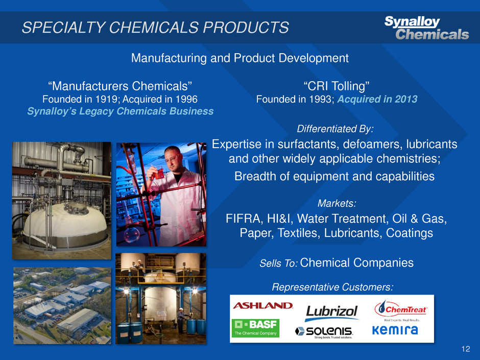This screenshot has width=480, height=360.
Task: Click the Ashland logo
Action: coord(262,305)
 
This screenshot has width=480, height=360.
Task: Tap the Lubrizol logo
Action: coord(332,313)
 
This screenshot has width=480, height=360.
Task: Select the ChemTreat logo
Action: coord(401,310)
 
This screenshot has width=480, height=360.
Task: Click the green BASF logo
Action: coord(256,328)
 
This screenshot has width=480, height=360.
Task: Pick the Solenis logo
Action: coord(324,332)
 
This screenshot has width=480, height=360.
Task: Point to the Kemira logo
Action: coord(395,330)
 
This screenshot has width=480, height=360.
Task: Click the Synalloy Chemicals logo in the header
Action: coord(426,28)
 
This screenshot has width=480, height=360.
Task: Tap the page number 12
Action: coord(466,349)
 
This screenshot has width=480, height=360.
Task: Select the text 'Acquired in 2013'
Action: coord(377,99)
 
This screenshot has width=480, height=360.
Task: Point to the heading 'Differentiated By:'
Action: coord(335,129)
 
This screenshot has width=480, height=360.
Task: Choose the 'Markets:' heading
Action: coord(337,203)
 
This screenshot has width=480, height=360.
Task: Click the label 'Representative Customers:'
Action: coord(332,287)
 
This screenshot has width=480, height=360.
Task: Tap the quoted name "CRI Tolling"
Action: coord(337,86)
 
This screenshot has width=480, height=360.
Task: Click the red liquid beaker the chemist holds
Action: coord(159,173)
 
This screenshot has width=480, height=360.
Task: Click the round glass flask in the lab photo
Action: coord(132,234)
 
